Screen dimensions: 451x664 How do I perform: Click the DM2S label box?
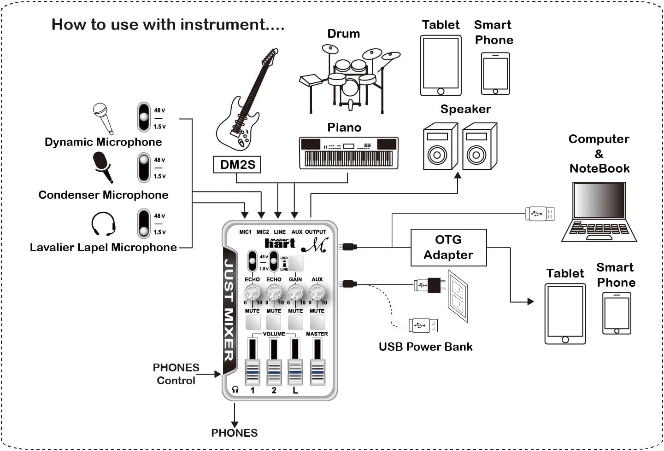237,165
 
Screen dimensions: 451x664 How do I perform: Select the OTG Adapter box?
448,248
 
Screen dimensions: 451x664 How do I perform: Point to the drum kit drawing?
350,78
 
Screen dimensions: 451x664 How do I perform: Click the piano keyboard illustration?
348,153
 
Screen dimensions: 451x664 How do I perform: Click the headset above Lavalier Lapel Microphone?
103,224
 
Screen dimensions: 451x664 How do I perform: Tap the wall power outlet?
458,295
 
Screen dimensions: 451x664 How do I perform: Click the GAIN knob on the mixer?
295,292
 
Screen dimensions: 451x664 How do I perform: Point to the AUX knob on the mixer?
317,292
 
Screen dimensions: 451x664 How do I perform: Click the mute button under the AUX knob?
317,322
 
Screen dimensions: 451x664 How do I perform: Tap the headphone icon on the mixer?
235,390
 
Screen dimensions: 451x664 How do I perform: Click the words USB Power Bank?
425,347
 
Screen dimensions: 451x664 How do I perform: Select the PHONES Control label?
176,374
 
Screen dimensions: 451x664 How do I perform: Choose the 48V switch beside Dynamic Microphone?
144,117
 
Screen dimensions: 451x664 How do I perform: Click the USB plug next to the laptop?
540,214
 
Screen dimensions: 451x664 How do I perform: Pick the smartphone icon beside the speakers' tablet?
495,74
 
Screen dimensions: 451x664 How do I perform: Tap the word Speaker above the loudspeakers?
465,109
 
